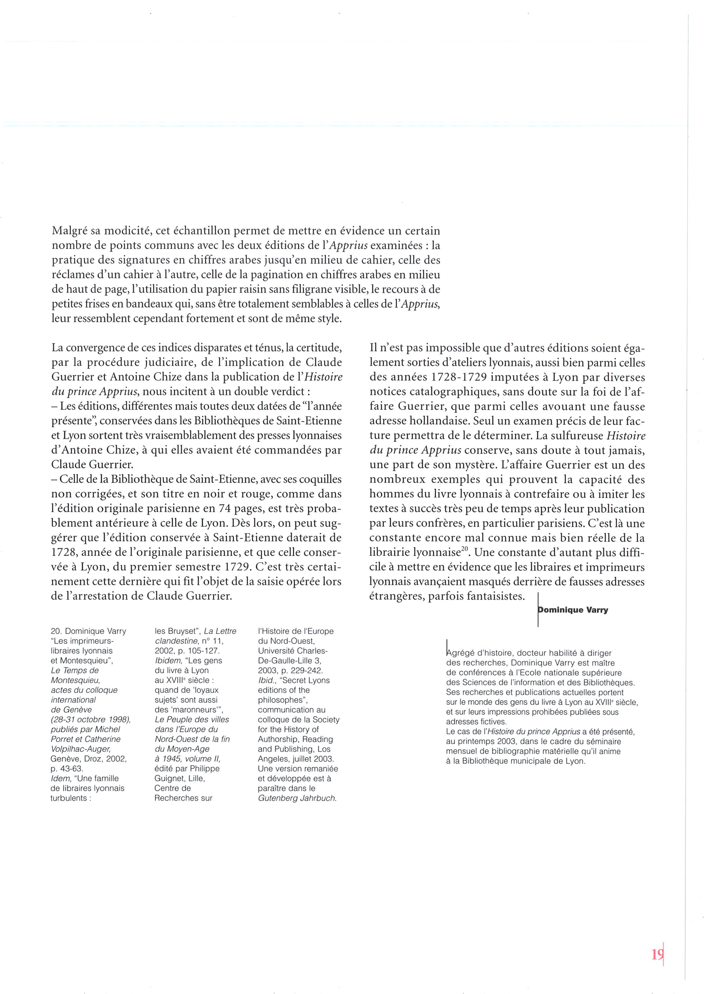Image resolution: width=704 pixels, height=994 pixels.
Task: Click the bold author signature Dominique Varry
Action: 573,610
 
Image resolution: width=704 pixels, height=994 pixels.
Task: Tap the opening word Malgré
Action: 70,231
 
